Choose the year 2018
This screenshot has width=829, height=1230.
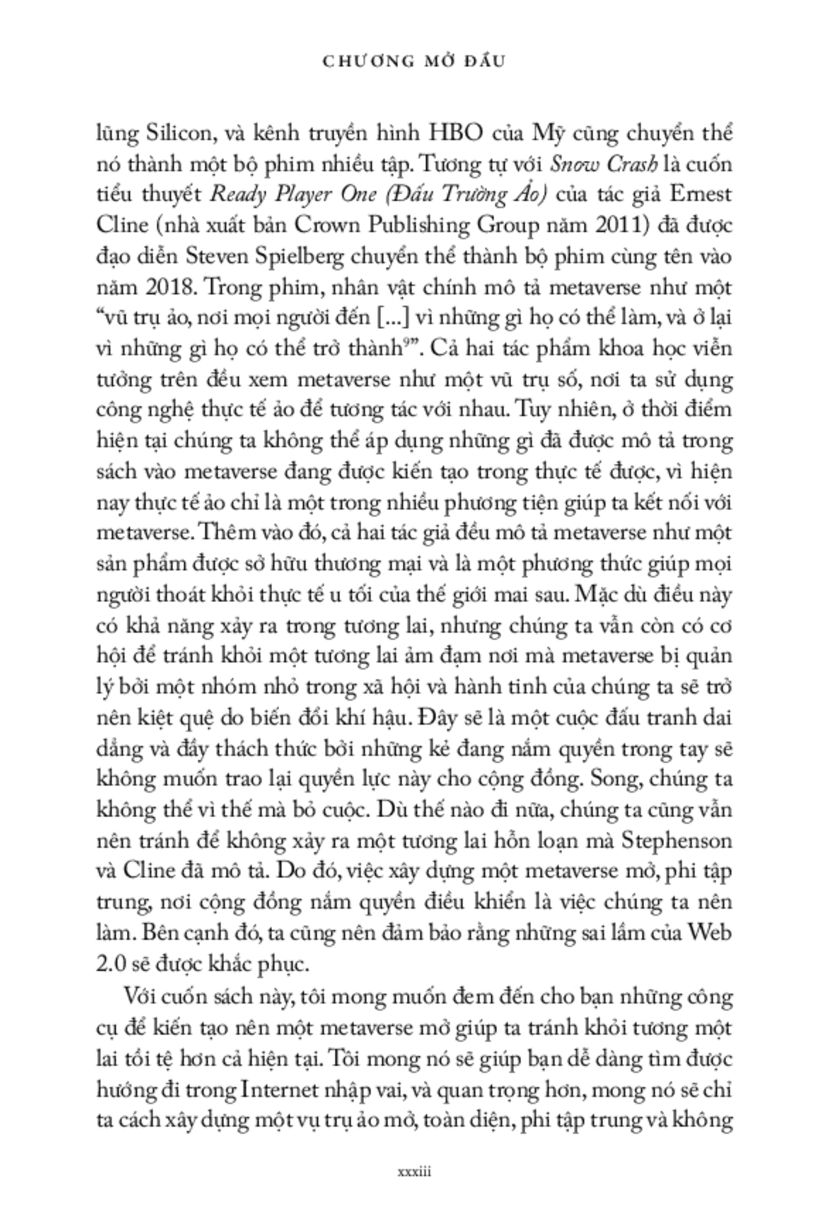pyautogui.click(x=169, y=287)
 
